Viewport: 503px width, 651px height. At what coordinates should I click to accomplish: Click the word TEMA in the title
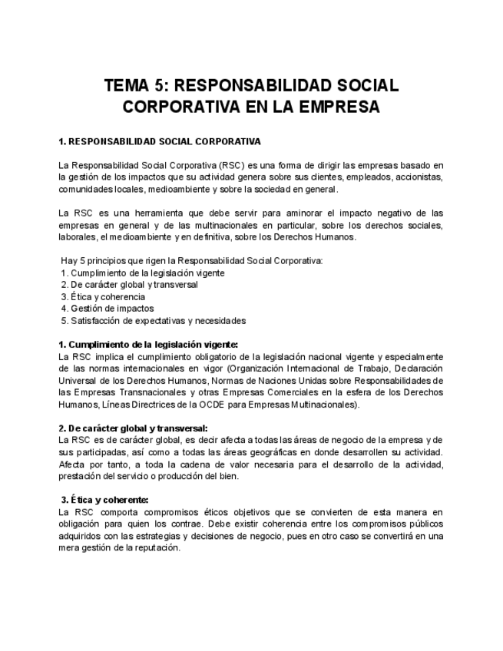coord(127,85)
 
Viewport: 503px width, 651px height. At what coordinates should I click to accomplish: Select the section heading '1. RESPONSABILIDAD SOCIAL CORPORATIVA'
coord(160,141)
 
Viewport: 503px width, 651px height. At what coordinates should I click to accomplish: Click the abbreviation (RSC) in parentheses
coord(232,165)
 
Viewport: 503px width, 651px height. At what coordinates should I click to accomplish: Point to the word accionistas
coord(415,177)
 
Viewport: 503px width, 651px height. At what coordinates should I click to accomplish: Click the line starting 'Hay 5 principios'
coord(191,260)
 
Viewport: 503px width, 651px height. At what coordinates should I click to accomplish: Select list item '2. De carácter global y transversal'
coord(129,284)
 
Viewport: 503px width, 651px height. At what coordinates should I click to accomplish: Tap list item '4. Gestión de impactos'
coord(107,308)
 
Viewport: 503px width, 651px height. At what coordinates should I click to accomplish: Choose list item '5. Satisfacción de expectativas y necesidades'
coord(154,320)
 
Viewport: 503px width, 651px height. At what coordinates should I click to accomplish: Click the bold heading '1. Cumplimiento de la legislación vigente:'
coord(148,344)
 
